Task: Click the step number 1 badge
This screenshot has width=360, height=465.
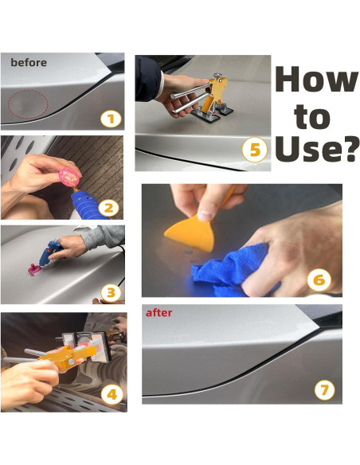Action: click(111, 119)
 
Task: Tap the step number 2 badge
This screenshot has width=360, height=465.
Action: click(108, 208)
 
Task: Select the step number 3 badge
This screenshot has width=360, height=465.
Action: click(111, 293)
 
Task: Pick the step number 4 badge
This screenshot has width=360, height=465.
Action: click(112, 395)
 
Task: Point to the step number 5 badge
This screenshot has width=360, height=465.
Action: click(255, 150)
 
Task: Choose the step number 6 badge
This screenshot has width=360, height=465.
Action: click(319, 280)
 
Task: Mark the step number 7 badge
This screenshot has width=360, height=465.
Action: click(324, 389)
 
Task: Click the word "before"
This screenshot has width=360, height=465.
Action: click(29, 63)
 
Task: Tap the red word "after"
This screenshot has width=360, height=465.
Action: click(159, 313)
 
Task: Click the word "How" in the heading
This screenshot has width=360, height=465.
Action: click(317, 79)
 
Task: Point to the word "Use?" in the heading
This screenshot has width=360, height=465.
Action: click(315, 148)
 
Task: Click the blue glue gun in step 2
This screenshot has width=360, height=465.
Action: click(88, 204)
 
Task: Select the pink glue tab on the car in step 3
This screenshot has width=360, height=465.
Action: click(33, 270)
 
